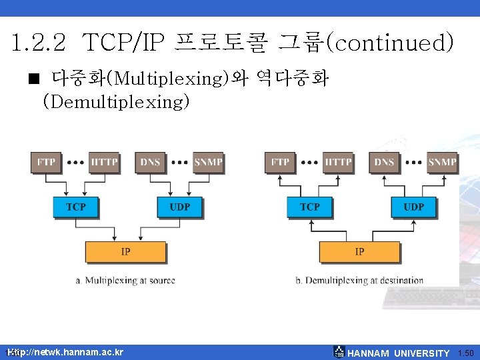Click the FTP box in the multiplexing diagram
46,162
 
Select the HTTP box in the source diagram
103,162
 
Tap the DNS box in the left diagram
150,162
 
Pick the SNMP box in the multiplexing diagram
208,162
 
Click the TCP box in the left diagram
75,207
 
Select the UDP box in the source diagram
179,207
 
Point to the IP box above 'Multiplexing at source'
125,252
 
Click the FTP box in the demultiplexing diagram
280,162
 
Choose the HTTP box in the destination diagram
338,162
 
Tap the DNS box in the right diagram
385,162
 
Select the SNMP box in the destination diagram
442,162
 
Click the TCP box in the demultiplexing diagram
309,207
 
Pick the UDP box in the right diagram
413,207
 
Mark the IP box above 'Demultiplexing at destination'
359,252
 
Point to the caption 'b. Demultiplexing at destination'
359,281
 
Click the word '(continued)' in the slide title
393,44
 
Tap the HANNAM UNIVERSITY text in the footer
399,353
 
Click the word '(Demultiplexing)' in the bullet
117,102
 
